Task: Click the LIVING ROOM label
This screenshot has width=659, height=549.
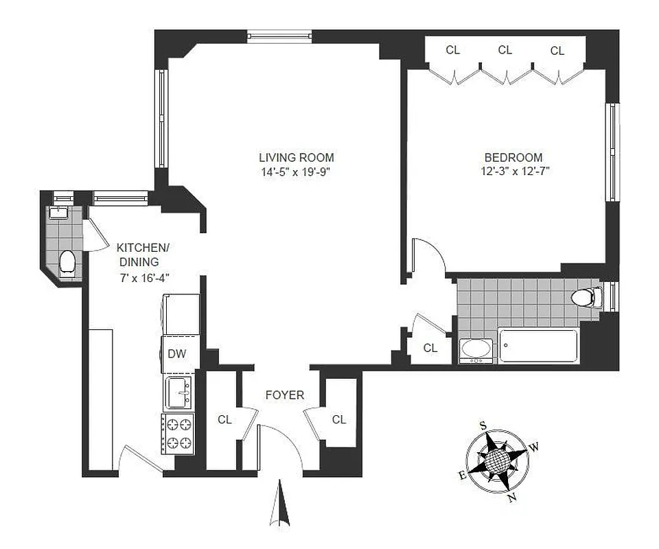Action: tap(296, 157)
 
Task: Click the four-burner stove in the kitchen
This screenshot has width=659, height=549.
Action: tap(178, 433)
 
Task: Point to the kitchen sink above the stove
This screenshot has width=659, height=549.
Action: tap(179, 393)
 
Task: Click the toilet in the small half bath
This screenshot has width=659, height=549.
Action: tap(67, 262)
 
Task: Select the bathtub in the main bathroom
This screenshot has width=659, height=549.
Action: tap(537, 345)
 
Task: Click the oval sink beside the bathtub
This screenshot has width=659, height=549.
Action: tap(476, 349)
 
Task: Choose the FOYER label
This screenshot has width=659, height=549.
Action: tap(285, 395)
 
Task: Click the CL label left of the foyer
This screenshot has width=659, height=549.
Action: tap(224, 419)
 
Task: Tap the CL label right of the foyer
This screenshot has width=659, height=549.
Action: tap(338, 419)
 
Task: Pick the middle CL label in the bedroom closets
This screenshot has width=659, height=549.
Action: tap(505, 49)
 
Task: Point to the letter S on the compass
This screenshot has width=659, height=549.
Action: tap(483, 425)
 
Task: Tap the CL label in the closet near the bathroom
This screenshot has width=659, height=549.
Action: tap(430, 348)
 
